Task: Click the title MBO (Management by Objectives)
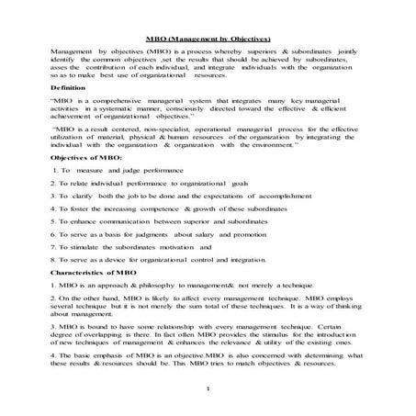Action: (208, 39)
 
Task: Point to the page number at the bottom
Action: (209, 389)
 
